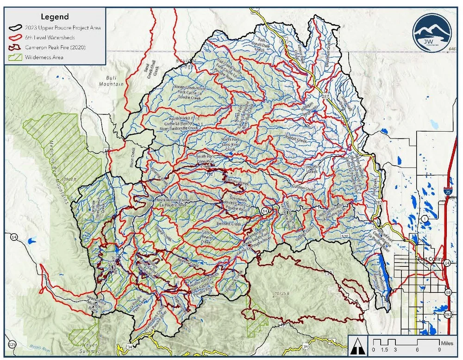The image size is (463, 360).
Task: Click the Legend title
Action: click(55, 17)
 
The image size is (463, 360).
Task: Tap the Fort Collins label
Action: click(430, 259)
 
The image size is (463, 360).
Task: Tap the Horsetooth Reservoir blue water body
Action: click(383, 273)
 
